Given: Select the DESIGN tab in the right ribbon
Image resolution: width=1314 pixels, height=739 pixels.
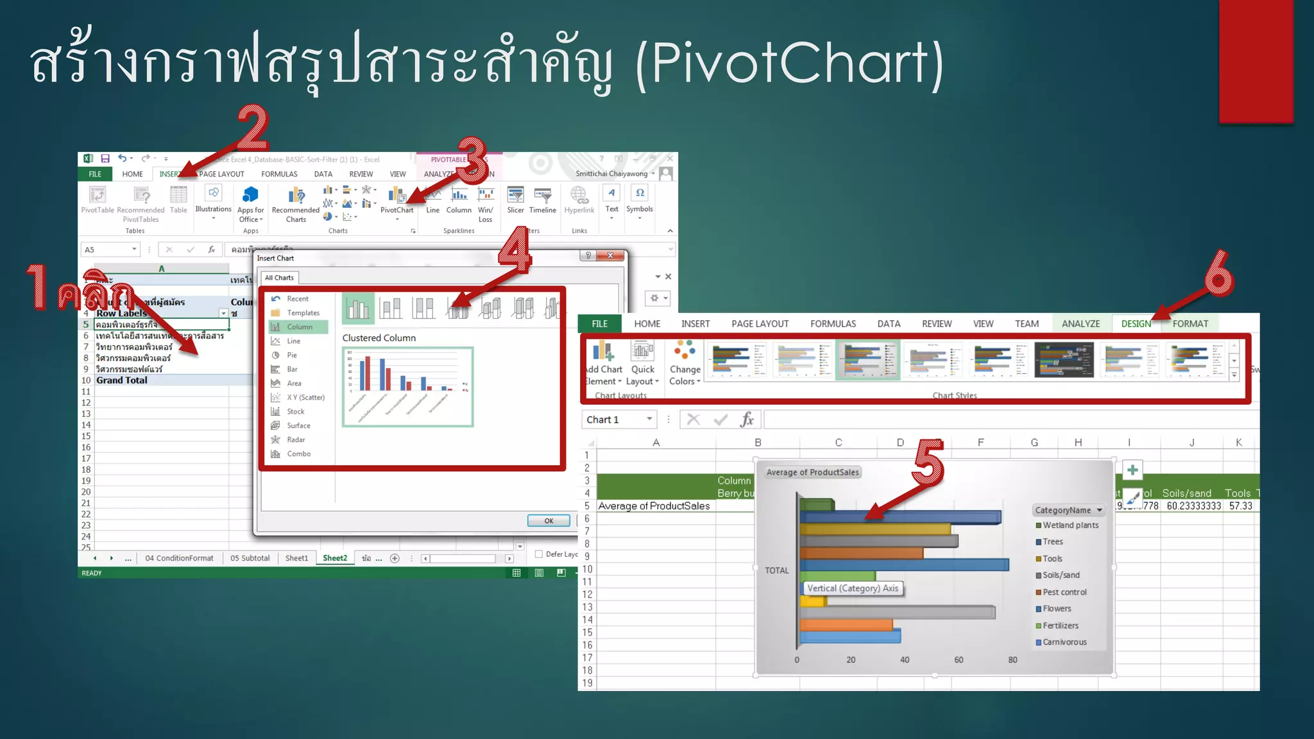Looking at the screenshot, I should coord(1136,324).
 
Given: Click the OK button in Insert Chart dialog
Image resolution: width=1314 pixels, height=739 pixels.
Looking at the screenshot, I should coord(549,521).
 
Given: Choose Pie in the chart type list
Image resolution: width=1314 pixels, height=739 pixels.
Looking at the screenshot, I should coord(292,355).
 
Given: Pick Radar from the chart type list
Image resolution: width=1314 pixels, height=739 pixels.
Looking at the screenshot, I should coord(296,440).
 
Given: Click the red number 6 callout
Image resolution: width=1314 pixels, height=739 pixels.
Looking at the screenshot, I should coord(1218,274).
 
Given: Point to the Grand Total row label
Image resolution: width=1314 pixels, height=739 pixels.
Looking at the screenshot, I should coord(122,380).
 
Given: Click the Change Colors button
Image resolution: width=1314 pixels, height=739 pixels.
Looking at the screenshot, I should coord(685,363).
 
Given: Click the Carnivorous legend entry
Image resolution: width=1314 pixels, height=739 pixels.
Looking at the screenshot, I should coord(1064,642).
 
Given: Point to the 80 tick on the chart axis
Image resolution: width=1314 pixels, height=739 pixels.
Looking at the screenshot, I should coord(1012,660).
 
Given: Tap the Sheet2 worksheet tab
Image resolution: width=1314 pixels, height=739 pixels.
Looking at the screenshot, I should coord(334,558).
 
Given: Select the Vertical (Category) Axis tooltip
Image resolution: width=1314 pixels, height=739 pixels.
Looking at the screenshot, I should coord(853,588).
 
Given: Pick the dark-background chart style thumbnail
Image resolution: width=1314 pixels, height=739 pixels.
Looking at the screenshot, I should coord(1064,360).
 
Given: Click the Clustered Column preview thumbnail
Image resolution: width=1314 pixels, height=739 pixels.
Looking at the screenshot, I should coord(408,387).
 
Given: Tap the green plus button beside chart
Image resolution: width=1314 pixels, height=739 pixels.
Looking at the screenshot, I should coord(1132,470).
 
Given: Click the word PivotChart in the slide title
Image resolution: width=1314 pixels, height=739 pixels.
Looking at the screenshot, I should coord(789,63).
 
